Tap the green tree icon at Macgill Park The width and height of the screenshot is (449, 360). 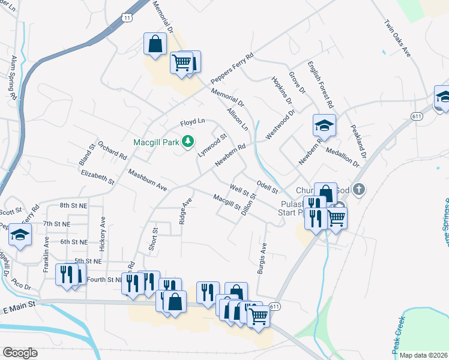pos(188,141)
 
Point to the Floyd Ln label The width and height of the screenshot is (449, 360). pos(193,123)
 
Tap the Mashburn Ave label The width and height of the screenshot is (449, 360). pos(147,179)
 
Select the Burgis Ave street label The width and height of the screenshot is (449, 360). pos(262,259)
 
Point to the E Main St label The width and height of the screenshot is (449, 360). pos(19,309)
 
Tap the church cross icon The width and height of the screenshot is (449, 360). pos(359,190)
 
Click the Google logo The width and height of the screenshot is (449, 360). pos(20,352)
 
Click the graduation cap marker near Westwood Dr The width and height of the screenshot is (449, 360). pos(324,125)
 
